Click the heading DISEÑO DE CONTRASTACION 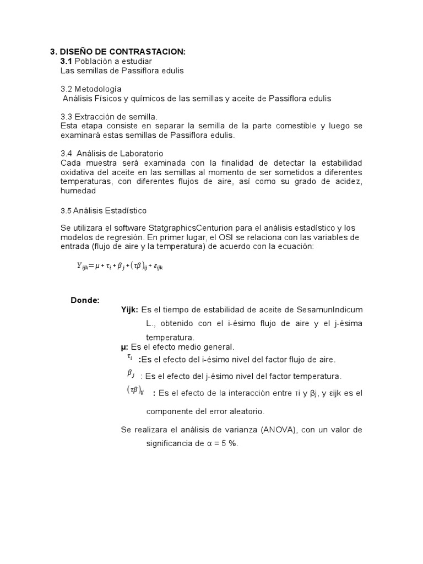coord(122,52)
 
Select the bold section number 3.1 coord(66,61)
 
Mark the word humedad coord(78,191)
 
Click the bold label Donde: coord(85,300)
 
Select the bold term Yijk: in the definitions coord(130,310)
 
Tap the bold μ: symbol coord(124,347)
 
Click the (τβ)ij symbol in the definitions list coord(135,391)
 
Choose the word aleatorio coord(244,411)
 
